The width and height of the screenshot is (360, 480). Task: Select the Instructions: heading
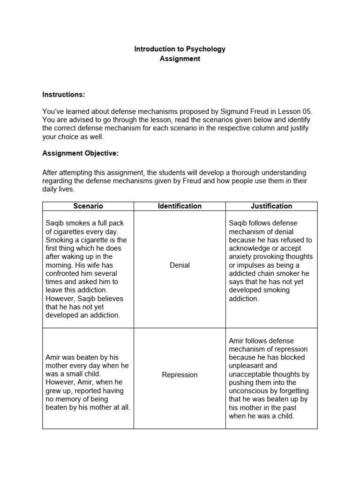click(x=64, y=94)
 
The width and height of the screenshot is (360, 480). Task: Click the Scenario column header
click(x=88, y=206)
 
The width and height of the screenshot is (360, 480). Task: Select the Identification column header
click(x=180, y=206)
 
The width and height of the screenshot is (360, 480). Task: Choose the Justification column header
click(x=271, y=206)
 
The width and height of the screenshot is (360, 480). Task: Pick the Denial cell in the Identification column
click(x=180, y=265)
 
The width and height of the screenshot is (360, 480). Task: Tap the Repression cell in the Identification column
click(x=180, y=375)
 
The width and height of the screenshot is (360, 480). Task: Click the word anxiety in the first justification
click(x=241, y=256)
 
